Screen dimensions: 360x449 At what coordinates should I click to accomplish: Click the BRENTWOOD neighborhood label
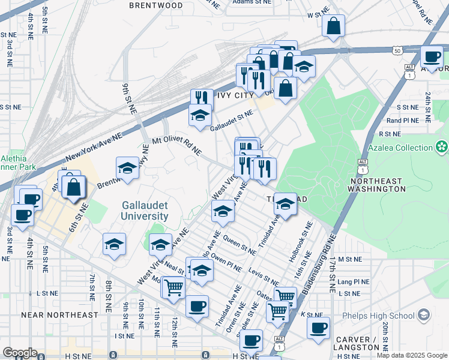[x=155, y=5]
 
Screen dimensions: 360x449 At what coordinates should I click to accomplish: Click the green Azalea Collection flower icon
[x=442, y=147]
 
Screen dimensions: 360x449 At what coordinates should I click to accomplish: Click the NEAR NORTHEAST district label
[x=59, y=314]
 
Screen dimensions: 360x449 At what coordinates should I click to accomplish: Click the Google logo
[x=20, y=353]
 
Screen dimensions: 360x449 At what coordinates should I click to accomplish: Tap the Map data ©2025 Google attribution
[x=411, y=355]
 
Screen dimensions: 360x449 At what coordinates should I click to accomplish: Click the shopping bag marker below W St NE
[x=333, y=26]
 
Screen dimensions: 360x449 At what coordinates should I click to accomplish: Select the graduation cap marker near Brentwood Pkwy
[x=127, y=169]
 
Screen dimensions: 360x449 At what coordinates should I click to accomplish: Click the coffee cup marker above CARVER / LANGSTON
[x=318, y=328]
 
